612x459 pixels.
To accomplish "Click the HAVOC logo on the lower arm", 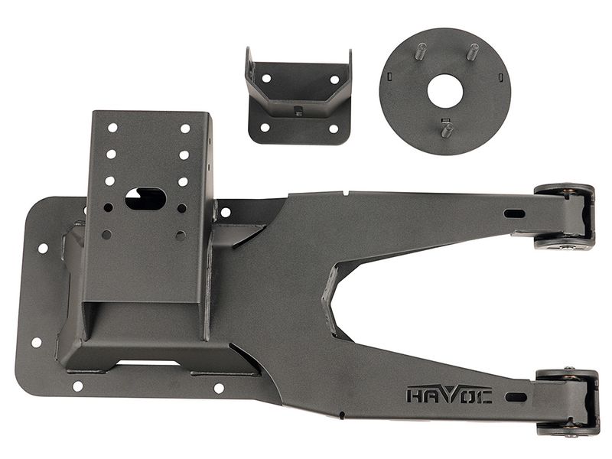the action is coord(449,394).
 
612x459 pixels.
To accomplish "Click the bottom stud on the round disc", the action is coord(447,129).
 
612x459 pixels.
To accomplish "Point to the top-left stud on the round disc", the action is coord(422,50).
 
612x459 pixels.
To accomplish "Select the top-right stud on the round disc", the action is coord(473,51).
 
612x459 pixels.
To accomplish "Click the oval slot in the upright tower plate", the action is coord(145,199).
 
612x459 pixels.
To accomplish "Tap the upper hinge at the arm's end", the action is coord(565,216).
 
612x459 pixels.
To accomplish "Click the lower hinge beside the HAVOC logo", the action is coord(568,402).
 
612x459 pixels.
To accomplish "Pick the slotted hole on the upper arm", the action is coord(514,213).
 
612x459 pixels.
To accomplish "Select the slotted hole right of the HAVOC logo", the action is coord(516,397).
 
